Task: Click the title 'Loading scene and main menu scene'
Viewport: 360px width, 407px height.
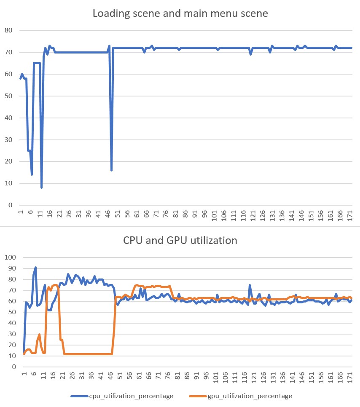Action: (x=180, y=13)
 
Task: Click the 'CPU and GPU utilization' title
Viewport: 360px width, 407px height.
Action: (x=180, y=241)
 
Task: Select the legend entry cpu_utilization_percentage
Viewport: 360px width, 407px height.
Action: (x=131, y=396)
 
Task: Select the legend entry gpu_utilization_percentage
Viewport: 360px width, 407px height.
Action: (x=250, y=396)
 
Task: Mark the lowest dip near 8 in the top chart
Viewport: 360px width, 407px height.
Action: (x=42, y=187)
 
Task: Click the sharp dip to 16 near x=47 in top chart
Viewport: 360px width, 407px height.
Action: (x=111, y=170)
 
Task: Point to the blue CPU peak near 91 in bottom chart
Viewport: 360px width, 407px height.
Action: (x=35, y=267)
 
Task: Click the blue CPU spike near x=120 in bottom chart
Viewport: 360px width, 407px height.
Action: (x=250, y=285)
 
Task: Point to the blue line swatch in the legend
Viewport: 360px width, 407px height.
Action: (x=79, y=396)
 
